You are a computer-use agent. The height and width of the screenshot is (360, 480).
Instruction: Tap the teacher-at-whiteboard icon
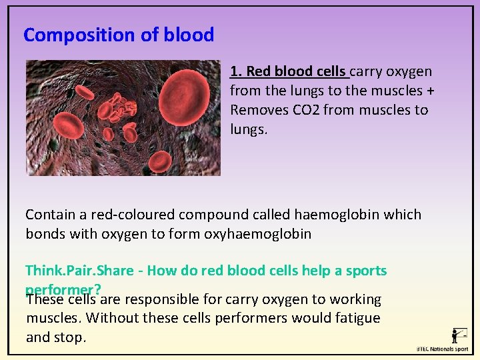click(x=459, y=335)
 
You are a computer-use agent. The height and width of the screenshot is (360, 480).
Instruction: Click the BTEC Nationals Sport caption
click(x=442, y=349)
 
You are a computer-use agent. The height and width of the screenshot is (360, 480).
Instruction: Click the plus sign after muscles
click(x=417, y=90)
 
